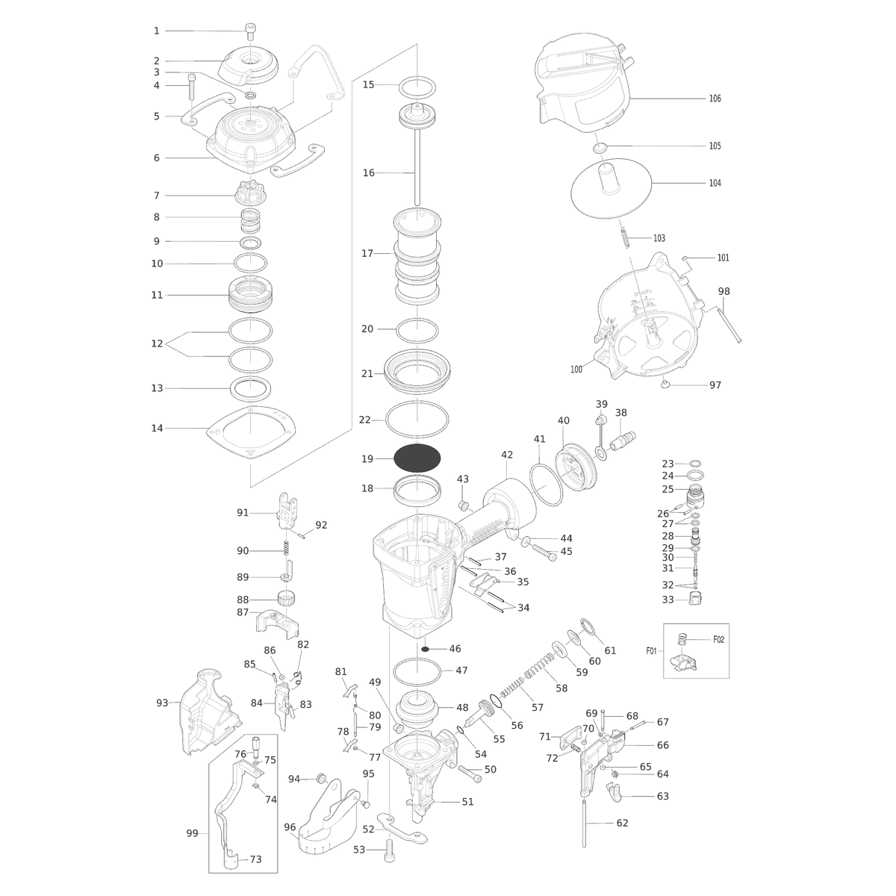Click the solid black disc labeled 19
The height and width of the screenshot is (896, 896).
coord(417,458)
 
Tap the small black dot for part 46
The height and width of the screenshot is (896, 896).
coord(425,649)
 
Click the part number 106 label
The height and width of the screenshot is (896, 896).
coord(715,99)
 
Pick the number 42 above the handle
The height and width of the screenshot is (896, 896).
coord(507,455)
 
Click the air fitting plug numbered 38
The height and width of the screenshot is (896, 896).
coord(623,439)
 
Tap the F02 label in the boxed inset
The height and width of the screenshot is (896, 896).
coord(719,640)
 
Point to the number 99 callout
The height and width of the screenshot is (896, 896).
coord(192,834)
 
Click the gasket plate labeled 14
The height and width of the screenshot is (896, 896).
coord(251,432)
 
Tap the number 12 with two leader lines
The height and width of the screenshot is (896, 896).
coord(157,343)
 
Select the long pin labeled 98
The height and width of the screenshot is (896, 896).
coord(729,326)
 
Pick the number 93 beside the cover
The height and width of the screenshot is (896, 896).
coord(162,703)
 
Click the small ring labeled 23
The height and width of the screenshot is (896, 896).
coord(695,464)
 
